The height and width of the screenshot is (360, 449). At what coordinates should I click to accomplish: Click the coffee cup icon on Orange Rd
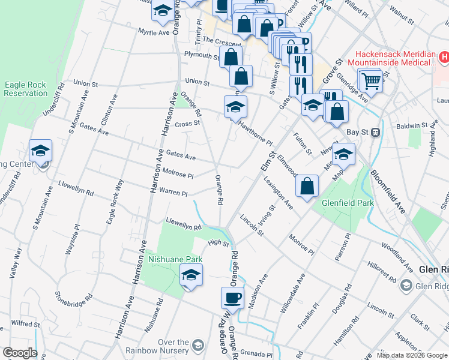click(232, 297)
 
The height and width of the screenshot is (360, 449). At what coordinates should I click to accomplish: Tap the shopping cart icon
click(370, 79)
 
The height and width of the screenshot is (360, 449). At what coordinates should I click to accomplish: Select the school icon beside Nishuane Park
click(191, 275)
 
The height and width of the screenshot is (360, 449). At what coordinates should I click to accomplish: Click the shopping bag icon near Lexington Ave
click(307, 186)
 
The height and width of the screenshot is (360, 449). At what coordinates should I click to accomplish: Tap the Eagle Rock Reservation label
click(25, 89)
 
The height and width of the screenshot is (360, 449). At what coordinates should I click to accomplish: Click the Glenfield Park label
click(348, 203)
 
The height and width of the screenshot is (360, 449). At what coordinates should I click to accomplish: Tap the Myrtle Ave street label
click(154, 31)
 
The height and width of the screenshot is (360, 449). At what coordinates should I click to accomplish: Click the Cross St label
click(187, 124)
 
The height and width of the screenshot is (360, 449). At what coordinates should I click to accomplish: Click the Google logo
click(19, 352)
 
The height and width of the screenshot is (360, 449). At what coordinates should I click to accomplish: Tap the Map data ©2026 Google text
click(412, 355)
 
